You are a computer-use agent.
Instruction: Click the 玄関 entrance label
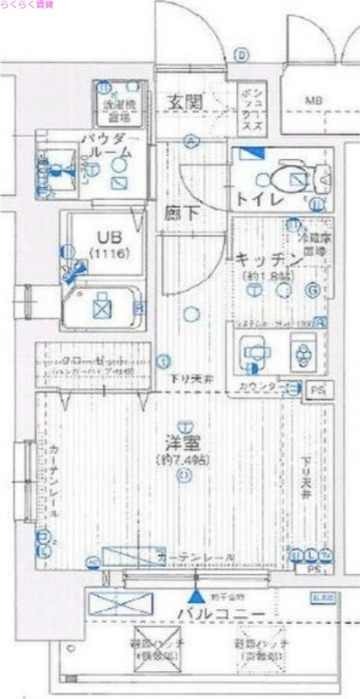[x=185, y=102]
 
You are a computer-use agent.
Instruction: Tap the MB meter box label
[x=313, y=102]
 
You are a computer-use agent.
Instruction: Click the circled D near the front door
[x=240, y=54]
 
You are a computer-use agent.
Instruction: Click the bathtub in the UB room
[x=100, y=307]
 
